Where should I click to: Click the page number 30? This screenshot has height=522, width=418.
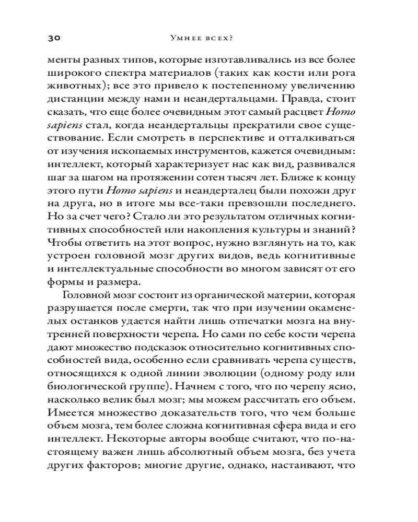(x=55, y=38)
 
